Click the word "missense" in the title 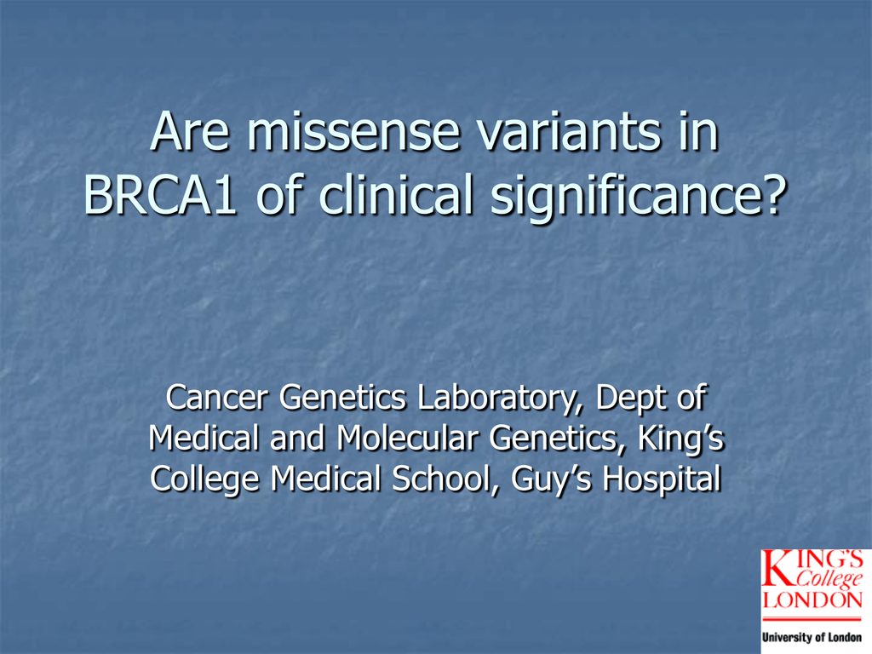coord(353,131)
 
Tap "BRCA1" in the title coord(160,195)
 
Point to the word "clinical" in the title coord(395,194)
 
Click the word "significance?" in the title coord(639,198)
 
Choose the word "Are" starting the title coord(190,131)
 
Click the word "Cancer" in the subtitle coord(217,398)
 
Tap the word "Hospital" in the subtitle coord(663,480)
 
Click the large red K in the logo coord(777,568)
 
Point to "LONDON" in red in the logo coord(812,599)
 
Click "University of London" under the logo coord(812,637)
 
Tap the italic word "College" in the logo coord(829,579)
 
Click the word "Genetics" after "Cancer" coord(343,398)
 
